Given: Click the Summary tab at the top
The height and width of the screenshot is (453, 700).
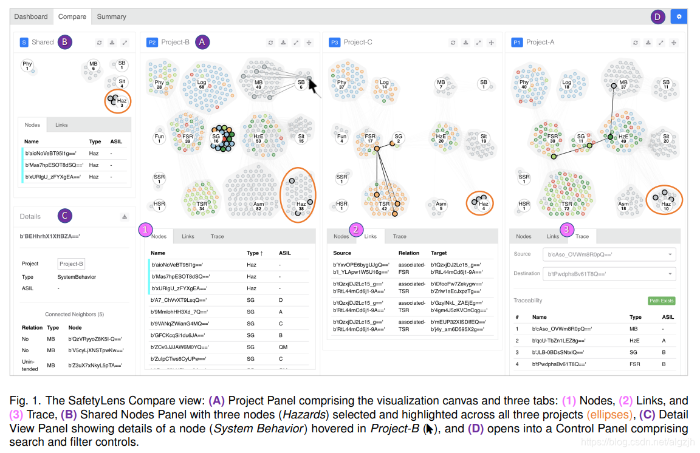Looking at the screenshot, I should coord(111,17).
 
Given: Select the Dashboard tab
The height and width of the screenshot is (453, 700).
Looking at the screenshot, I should coord(31,17).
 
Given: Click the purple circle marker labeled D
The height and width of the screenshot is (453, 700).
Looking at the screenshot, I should coord(657,17).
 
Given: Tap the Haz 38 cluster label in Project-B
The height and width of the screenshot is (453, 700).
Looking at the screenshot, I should coord(301,206).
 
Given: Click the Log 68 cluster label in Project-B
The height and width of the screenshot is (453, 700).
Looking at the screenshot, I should coord(201,85).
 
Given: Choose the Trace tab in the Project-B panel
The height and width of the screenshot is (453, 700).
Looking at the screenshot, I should coord(217,236).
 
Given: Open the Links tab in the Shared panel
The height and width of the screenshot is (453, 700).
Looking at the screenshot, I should coord(61,125).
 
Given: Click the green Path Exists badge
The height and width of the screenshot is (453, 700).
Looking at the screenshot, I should coord(662,301).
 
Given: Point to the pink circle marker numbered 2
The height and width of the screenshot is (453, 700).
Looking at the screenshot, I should coord(357,230).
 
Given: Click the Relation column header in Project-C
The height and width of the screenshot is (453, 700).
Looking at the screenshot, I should coord(409,253).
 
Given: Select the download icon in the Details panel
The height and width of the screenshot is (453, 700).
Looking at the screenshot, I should coord(124,217).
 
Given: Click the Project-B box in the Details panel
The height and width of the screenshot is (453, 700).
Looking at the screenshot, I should coord(71,264).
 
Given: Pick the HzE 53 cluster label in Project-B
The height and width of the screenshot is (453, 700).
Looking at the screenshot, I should coord(258,140).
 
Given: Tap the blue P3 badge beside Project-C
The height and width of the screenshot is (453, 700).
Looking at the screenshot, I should coord(334,43).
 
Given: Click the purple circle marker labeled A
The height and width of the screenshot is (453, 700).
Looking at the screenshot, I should coord(202,42).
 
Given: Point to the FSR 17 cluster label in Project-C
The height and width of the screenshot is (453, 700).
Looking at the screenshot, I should coord(369,140).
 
